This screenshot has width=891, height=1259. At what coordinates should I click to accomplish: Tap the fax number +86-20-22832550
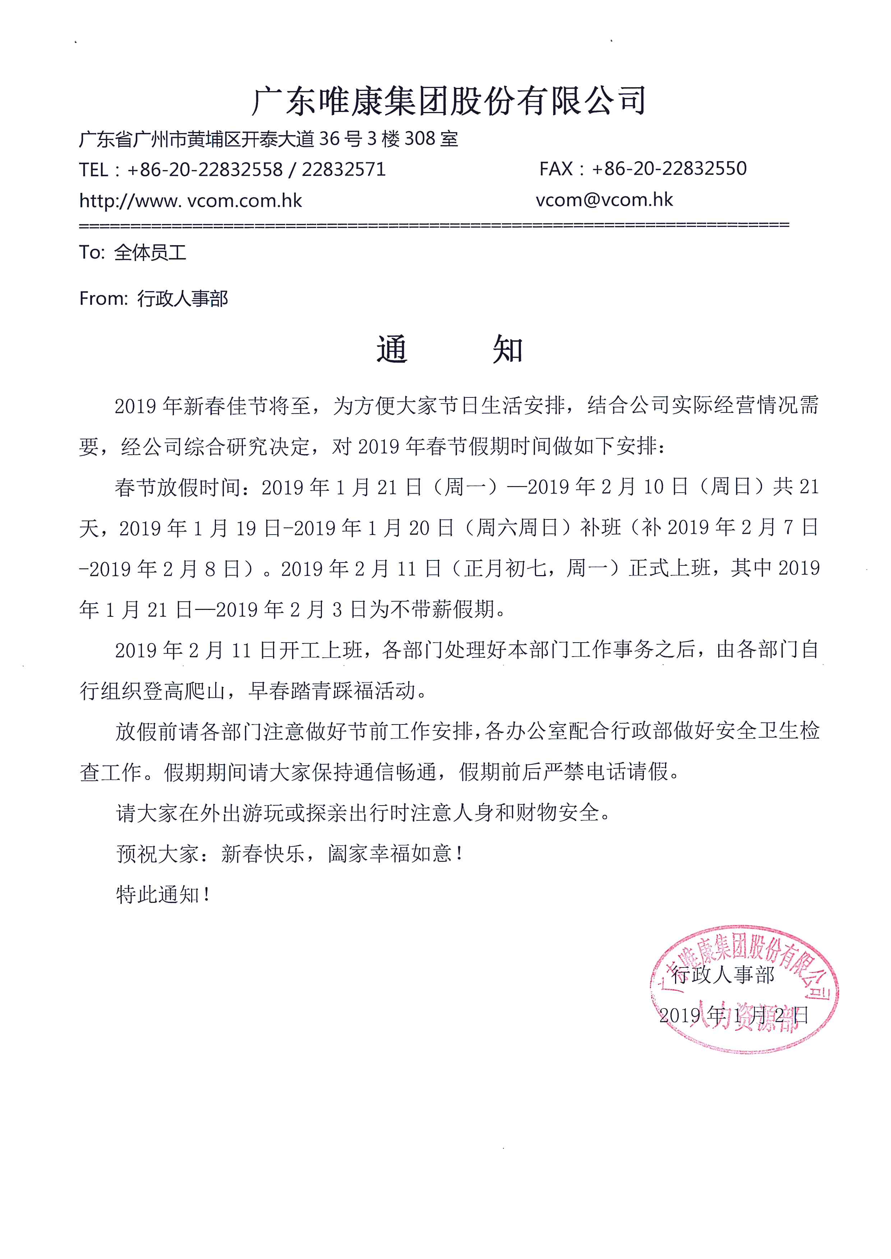click(669, 168)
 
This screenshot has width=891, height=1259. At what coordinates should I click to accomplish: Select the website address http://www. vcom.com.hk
click(190, 201)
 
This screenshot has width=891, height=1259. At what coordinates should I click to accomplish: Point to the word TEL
click(93, 169)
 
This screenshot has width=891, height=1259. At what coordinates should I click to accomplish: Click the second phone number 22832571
click(343, 169)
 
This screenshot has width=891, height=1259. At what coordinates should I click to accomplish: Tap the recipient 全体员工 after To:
click(150, 252)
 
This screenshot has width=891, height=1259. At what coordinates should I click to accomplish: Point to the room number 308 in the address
click(420, 139)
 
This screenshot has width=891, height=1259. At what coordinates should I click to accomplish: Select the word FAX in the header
click(556, 169)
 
